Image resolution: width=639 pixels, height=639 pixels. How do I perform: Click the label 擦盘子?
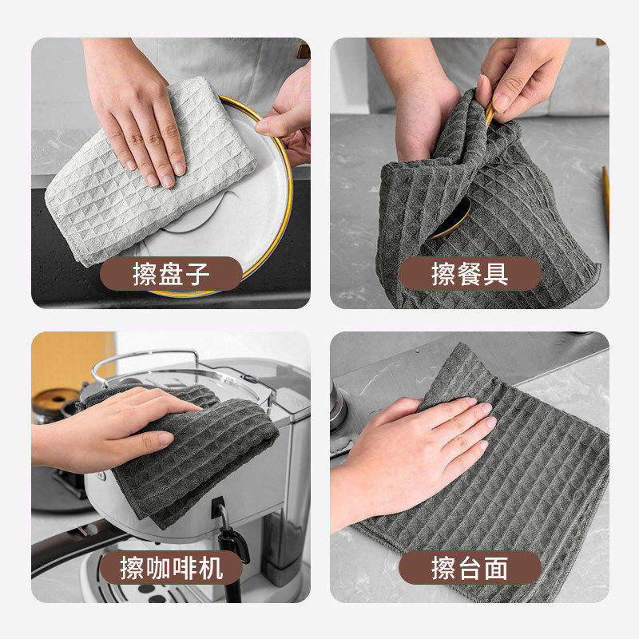click(171, 274)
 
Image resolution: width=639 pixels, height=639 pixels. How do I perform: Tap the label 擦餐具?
click(470, 274)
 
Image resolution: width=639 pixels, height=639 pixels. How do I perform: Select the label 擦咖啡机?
click(171, 568)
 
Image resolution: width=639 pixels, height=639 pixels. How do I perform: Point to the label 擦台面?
click(470, 568)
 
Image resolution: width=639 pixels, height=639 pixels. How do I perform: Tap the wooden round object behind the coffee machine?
click(55, 401)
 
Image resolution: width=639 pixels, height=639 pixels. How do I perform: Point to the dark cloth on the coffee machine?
click(192, 452)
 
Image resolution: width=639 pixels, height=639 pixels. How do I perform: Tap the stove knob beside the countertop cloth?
click(338, 407)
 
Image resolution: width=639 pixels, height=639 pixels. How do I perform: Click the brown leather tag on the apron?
click(304, 51)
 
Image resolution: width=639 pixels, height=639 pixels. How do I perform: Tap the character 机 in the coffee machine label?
click(211, 568)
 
